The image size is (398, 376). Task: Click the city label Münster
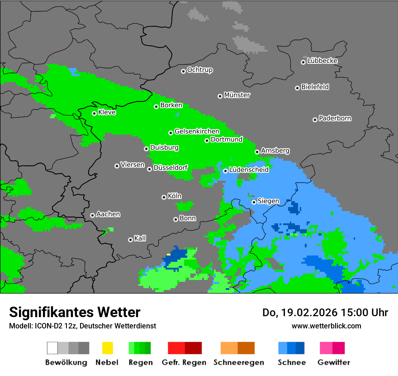pyautogui.click(x=237, y=95)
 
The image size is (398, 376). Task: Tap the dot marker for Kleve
pyautogui.click(x=94, y=113)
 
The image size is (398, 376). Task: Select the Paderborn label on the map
pyautogui.click(x=335, y=119)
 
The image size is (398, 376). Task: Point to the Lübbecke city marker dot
pyautogui.click(x=303, y=62)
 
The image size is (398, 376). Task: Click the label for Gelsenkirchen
pyautogui.click(x=197, y=132)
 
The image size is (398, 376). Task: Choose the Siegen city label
pyautogui.click(x=268, y=201)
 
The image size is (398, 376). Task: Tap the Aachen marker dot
pyautogui.click(x=92, y=215)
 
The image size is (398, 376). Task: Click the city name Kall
pyautogui.click(x=140, y=238)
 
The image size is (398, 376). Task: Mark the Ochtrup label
pyautogui.click(x=200, y=70)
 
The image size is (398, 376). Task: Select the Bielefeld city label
pyautogui.click(x=315, y=87)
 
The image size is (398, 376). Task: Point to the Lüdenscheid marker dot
pyautogui.click(x=225, y=171)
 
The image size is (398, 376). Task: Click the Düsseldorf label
pyautogui.click(x=171, y=168)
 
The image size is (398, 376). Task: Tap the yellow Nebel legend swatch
pyautogui.click(x=107, y=348)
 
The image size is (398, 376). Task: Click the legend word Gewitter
pyautogui.click(x=334, y=362)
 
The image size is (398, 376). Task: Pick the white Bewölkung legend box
pyautogui.click(x=52, y=348)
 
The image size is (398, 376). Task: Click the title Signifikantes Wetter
pyautogui.click(x=75, y=312)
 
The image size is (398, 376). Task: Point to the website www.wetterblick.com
pyautogui.click(x=326, y=326)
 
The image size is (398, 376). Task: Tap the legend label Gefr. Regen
pyautogui.click(x=184, y=362)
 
